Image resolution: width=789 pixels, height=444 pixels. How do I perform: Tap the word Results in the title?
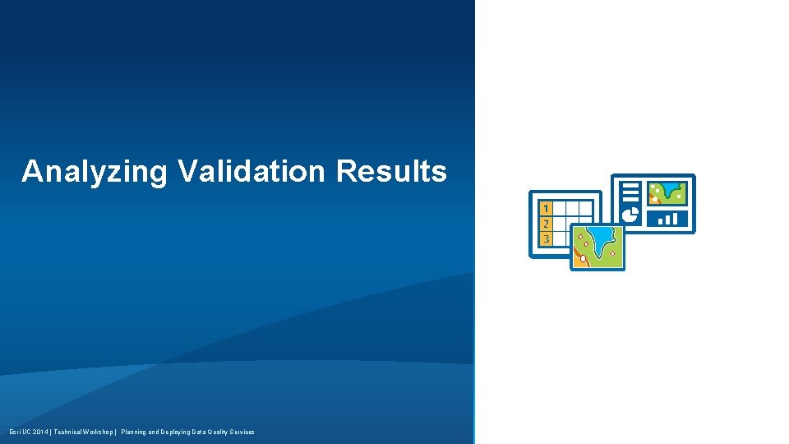(x=391, y=171)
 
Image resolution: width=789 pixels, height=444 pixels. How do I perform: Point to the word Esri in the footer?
(x=15, y=432)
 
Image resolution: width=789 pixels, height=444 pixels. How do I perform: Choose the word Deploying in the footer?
(x=178, y=432)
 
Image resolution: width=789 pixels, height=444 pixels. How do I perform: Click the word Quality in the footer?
(x=217, y=432)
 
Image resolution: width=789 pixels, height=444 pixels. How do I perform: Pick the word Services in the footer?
(x=242, y=432)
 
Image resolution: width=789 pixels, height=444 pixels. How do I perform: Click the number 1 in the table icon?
(x=546, y=208)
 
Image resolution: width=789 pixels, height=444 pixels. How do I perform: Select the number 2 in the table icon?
(x=546, y=223)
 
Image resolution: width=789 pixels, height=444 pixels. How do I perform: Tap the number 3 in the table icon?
(x=546, y=238)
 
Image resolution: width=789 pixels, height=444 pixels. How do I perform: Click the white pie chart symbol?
(x=631, y=215)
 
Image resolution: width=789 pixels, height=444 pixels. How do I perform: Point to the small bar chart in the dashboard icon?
(x=667, y=218)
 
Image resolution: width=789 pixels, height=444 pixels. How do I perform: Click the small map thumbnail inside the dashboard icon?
(x=667, y=192)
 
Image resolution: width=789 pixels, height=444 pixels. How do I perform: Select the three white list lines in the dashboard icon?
(x=630, y=192)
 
